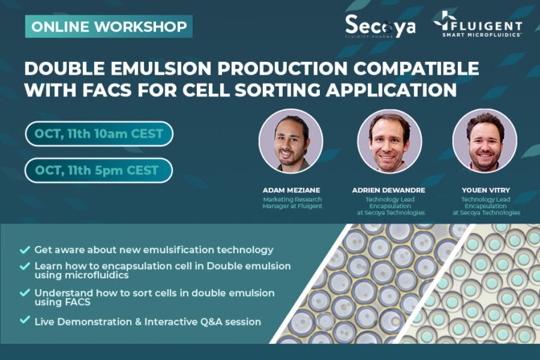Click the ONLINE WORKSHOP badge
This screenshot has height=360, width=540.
coord(108,27)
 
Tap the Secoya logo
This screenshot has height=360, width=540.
coord(380,26)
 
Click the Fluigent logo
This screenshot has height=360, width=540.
coord(477,24)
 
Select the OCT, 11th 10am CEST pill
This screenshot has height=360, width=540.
coord(99,134)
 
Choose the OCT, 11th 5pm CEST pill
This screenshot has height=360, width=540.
coord(98,170)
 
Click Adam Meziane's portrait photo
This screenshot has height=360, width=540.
coord(291,141)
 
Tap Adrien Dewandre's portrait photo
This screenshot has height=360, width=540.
coord(390,141)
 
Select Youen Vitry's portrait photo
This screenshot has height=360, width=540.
coord(485,141)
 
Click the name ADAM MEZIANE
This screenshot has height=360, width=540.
coord(291,190)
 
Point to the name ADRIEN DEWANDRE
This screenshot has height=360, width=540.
coord(388,190)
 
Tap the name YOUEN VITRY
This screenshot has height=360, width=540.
coord(486,190)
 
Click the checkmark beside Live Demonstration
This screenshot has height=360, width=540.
coord(25,320)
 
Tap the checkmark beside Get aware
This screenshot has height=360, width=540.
coord(25,249)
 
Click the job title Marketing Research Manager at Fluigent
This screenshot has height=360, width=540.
coord(292,203)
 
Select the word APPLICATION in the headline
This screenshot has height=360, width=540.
coord(391,90)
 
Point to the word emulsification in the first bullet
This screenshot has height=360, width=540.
coord(179,250)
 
